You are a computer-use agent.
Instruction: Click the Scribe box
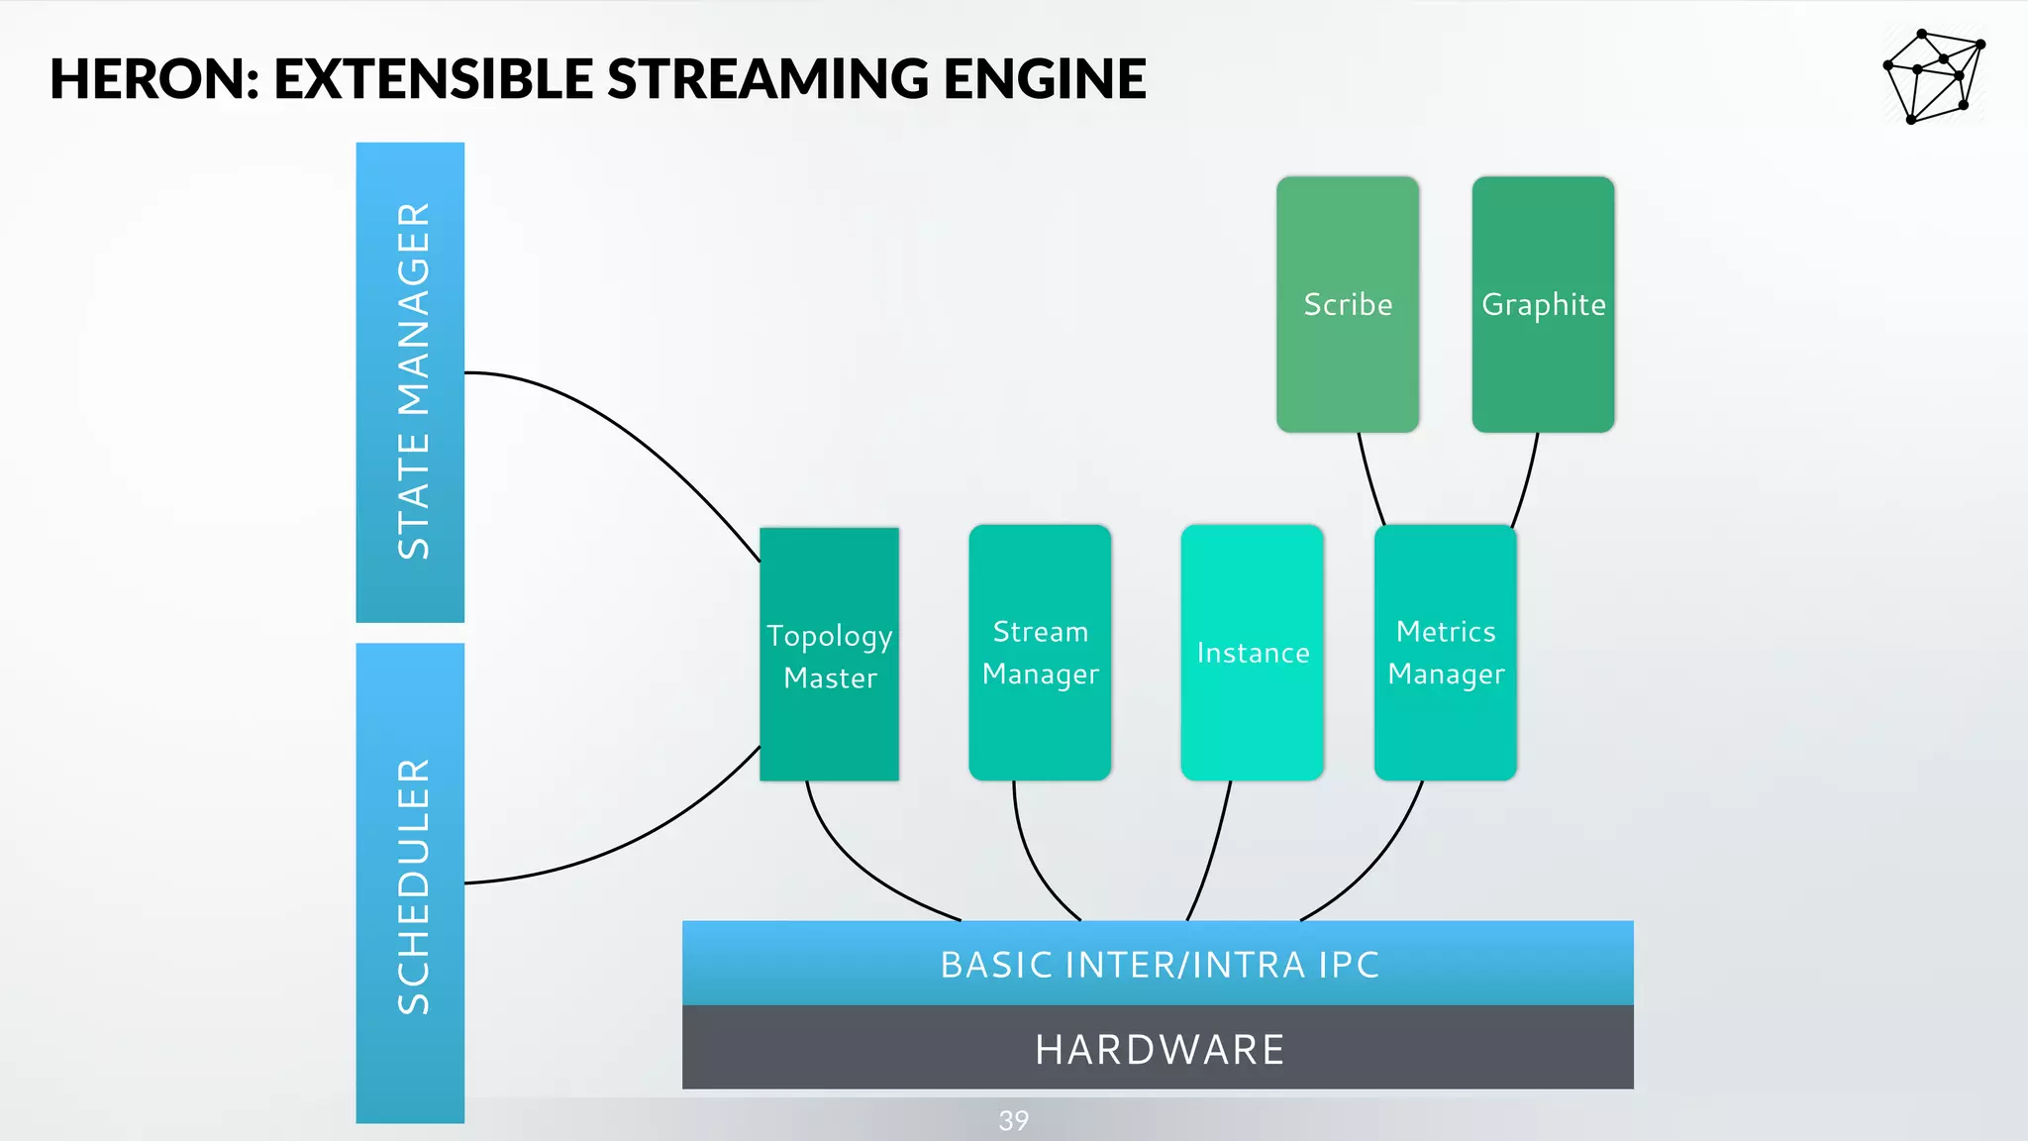click(x=1347, y=304)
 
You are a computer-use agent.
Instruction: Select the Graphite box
click(x=1543, y=304)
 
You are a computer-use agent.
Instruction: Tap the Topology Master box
click(x=829, y=655)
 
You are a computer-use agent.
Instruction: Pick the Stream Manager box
click(x=1040, y=653)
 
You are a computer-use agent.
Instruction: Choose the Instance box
click(x=1252, y=653)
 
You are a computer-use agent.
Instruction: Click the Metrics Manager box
click(x=1445, y=653)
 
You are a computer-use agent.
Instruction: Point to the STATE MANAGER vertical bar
click(x=410, y=382)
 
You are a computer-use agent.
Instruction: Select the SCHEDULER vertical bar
click(x=410, y=883)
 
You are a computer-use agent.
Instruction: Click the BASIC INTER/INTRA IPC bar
click(x=1158, y=964)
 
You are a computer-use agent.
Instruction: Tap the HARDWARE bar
click(x=1158, y=1048)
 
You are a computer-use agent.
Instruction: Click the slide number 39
click(x=1013, y=1120)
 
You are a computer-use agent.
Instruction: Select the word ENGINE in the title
click(x=1044, y=79)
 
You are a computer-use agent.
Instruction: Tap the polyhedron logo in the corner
click(x=1932, y=76)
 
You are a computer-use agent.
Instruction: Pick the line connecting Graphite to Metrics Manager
click(x=1526, y=481)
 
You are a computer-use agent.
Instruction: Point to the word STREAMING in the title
click(x=767, y=79)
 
